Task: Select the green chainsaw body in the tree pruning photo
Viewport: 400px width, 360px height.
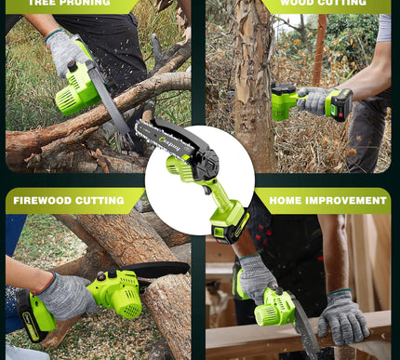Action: tap(80, 89)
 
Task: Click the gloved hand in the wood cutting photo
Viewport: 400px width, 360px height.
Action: tap(316, 100)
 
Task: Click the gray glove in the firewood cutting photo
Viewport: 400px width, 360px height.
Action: tap(65, 296)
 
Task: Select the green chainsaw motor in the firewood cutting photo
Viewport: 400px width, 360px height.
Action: tap(116, 293)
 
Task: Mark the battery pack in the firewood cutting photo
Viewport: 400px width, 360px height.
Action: tap(33, 316)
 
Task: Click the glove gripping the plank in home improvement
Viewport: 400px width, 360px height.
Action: tap(342, 316)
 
